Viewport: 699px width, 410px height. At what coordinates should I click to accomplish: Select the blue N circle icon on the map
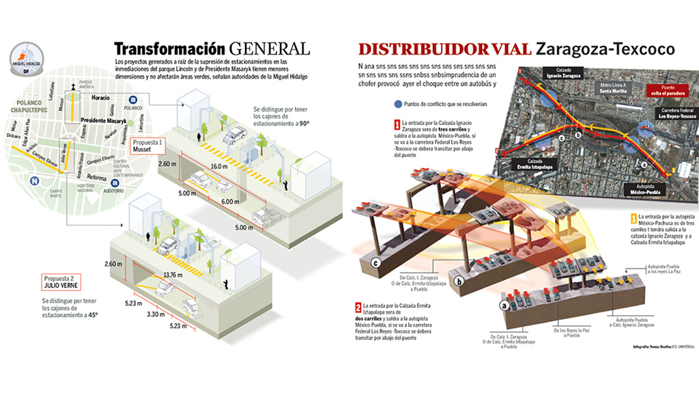click(33, 181)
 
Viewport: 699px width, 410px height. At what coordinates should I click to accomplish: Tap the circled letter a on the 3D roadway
click(504, 305)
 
